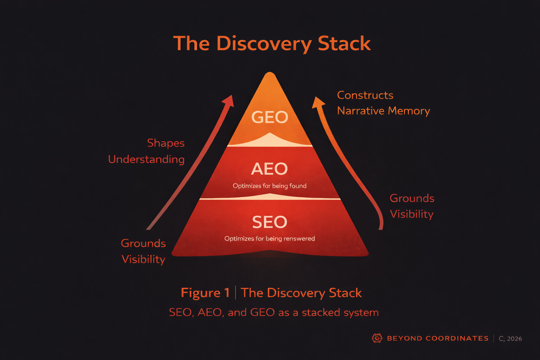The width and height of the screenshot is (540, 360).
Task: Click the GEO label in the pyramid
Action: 270,117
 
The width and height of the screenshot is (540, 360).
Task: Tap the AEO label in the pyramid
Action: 269,169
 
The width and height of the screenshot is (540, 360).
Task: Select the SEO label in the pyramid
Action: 270,222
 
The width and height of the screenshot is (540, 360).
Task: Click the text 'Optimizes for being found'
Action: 270,186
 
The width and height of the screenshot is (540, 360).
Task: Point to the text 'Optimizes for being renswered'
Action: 270,239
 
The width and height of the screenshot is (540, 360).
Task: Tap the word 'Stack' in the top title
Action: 344,44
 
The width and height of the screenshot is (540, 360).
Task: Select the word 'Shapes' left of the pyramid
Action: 166,143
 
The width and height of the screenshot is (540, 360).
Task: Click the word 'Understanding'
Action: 146,159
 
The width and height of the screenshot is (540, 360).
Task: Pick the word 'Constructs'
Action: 365,95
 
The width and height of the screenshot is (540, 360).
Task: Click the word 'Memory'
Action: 409,111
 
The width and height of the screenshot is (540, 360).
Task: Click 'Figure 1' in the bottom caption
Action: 205,293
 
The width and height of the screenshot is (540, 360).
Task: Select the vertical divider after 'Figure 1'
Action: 235,292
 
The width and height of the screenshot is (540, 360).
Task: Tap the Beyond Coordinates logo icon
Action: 377,338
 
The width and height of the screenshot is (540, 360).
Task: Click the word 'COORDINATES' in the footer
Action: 457,339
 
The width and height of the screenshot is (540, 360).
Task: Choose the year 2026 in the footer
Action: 514,339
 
